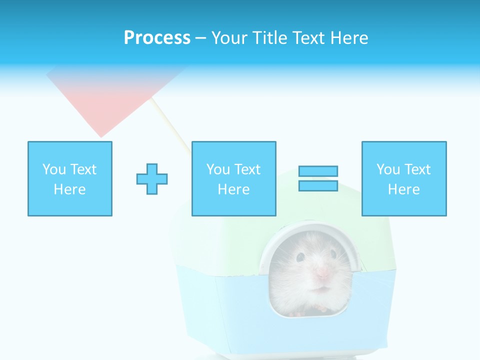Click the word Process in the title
point(157,38)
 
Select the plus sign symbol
point(152,178)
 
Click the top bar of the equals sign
point(318,171)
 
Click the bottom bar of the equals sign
point(318,185)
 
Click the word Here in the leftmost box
point(69,189)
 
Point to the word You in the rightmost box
point(388,169)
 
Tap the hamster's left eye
point(300,257)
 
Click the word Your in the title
point(229,38)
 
